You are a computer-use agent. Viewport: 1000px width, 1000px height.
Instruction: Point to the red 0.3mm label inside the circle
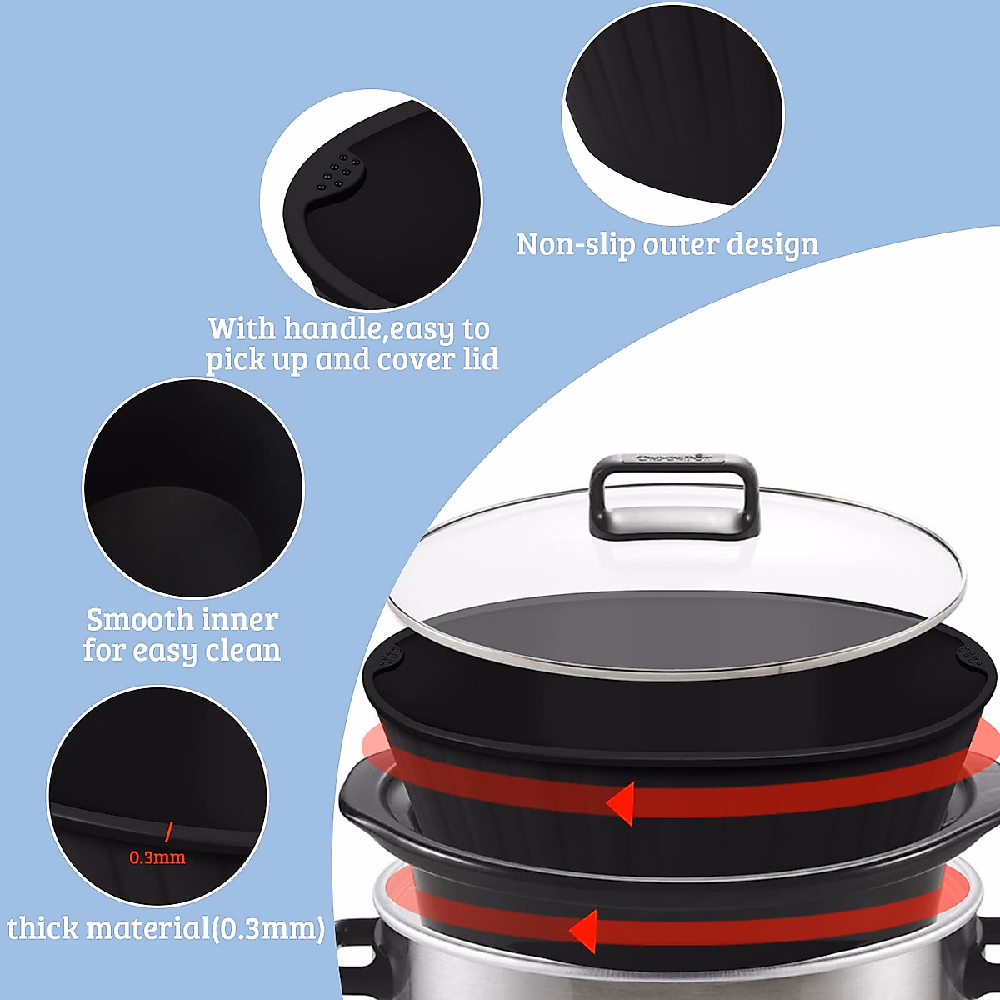[157, 857]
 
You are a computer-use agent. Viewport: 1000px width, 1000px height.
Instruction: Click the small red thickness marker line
[168, 832]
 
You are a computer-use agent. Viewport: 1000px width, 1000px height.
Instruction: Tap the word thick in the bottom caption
[42, 928]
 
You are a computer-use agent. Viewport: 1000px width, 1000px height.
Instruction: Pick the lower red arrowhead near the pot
[583, 931]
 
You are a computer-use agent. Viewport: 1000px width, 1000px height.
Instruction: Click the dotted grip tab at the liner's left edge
[389, 659]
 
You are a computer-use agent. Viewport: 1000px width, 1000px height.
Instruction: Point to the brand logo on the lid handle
[674, 457]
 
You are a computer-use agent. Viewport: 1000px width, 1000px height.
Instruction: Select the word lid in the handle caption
[480, 360]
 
